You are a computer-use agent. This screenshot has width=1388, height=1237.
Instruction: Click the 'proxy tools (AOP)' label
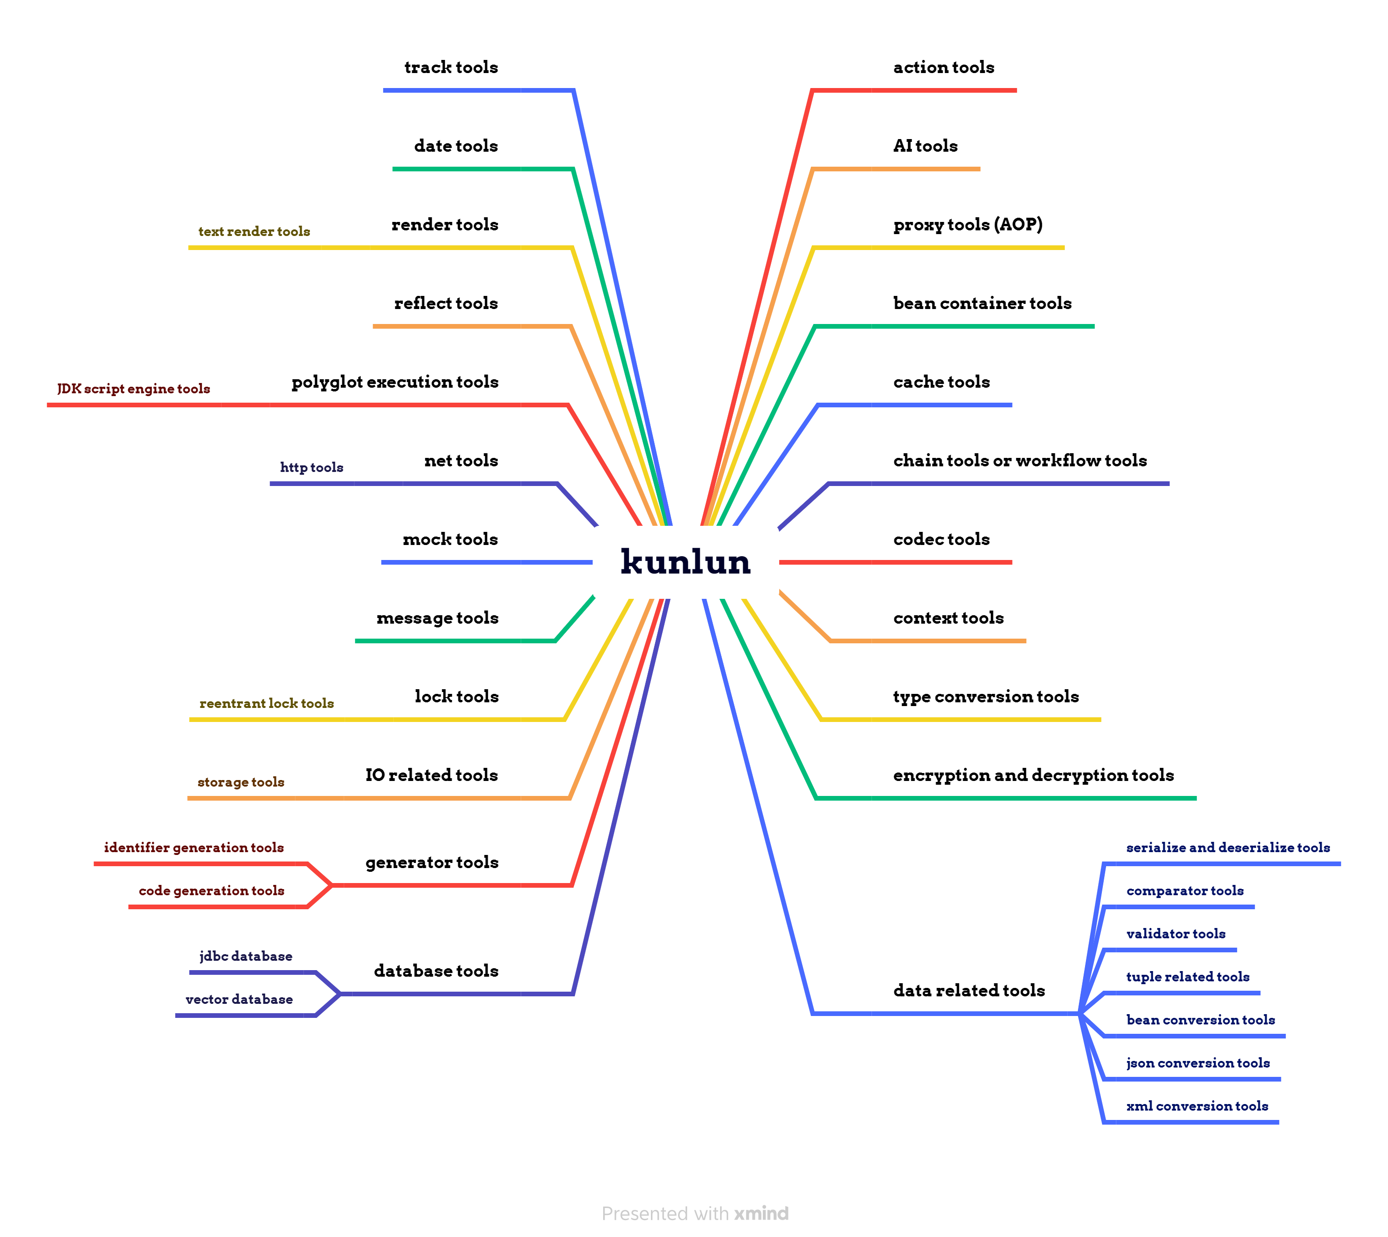pos(967,224)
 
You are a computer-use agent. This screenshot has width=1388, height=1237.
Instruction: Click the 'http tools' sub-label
pos(311,468)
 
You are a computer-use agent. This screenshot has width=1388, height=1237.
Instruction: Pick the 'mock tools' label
pos(450,540)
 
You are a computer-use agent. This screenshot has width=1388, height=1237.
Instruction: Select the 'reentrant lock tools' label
pos(266,703)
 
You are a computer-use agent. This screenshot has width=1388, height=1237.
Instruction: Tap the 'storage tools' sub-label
pos(241,782)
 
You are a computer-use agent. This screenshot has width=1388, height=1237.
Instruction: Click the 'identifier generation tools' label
pos(194,847)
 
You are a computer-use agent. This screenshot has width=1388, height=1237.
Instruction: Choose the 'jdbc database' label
pos(245,956)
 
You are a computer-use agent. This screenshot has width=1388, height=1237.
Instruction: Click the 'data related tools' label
pos(968,990)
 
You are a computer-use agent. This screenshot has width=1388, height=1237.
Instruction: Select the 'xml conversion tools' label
pos(1196,1106)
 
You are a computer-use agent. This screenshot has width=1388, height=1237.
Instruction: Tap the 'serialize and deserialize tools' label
pos(1227,847)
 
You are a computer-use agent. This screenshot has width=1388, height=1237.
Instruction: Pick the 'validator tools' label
pos(1175,934)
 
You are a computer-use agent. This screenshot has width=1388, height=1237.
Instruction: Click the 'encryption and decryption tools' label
pos(1033,775)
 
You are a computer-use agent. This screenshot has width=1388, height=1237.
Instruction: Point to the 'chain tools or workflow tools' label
pos(1019,461)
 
